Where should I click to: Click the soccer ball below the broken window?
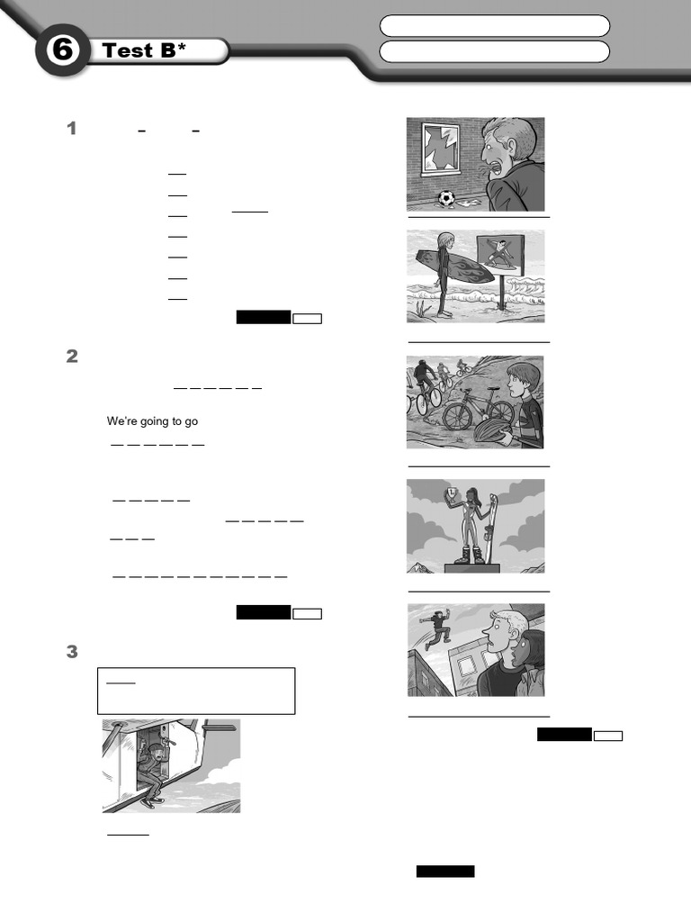446,199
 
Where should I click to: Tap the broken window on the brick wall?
441,148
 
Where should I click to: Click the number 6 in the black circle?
62,50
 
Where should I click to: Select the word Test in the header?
127,50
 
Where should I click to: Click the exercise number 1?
72,128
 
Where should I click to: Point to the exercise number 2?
72,357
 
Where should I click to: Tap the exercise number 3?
72,652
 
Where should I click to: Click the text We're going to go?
152,421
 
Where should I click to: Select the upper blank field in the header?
495,26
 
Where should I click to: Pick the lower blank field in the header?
495,51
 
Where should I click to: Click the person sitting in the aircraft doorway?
152,774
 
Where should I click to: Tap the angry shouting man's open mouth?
497,168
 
